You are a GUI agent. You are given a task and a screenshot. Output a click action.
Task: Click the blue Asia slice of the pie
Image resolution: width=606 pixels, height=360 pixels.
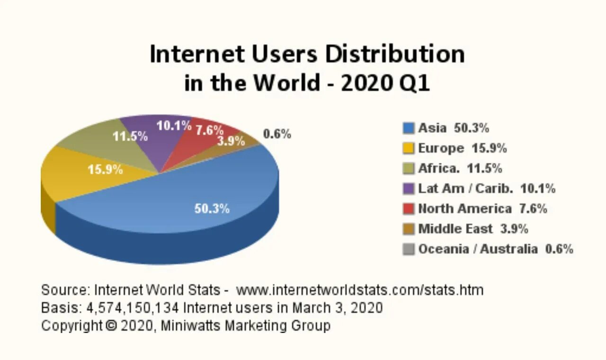[x=189, y=189]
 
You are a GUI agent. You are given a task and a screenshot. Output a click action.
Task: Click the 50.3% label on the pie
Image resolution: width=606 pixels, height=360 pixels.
[x=212, y=208]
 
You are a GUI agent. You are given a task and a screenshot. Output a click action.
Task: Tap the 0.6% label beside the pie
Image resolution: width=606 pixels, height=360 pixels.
[x=277, y=134]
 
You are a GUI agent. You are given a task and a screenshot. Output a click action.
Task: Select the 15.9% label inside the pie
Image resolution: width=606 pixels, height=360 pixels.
[x=105, y=169]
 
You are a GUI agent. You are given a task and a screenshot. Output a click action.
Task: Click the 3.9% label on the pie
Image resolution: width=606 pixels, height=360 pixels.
[x=231, y=141]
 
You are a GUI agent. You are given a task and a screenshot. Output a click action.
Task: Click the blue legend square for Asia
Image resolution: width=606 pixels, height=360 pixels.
[x=409, y=128]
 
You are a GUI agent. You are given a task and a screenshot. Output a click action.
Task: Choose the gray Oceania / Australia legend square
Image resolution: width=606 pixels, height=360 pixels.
[x=409, y=249]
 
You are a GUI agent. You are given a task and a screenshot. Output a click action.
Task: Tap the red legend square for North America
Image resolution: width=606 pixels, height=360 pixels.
[x=409, y=209]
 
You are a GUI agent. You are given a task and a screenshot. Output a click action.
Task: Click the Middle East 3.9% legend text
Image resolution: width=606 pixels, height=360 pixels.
[x=473, y=229]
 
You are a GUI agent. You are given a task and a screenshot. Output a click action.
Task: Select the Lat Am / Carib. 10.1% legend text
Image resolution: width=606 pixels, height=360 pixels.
[x=487, y=189]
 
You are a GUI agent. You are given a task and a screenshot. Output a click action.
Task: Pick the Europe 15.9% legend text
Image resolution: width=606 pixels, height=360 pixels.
[x=463, y=148]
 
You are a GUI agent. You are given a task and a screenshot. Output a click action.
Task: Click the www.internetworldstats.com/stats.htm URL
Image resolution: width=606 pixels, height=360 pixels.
[x=360, y=289]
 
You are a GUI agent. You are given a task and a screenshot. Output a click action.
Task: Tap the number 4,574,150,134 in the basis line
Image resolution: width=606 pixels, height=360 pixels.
[x=133, y=308]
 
